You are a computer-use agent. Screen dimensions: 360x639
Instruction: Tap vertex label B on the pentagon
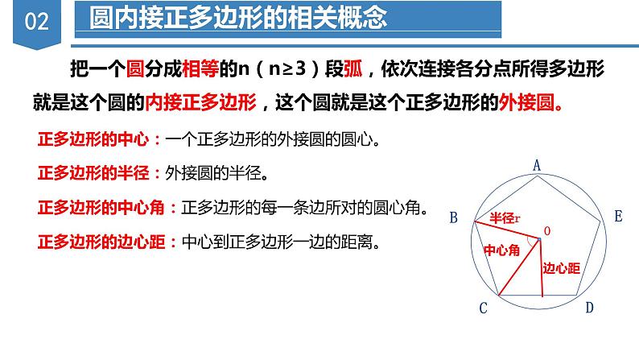(454, 217)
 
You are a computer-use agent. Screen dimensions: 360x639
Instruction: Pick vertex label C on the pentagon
(483, 307)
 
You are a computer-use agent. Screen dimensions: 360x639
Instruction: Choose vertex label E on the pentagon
(617, 216)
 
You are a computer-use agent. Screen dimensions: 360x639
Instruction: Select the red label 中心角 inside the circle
(500, 251)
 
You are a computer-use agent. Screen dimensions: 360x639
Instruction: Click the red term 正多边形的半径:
(100, 172)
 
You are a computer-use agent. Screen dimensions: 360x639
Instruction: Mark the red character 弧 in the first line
(354, 70)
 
